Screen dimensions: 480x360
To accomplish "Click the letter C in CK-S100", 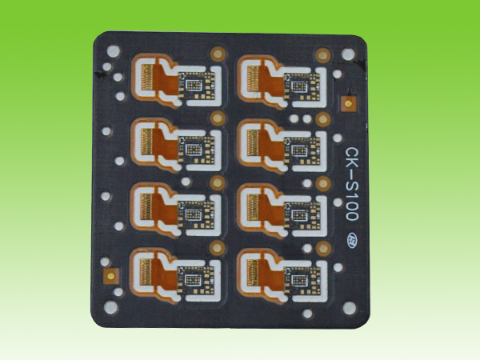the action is point(351,153).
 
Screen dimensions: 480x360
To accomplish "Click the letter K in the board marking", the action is point(351,166).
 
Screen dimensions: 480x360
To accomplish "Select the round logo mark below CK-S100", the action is point(351,239).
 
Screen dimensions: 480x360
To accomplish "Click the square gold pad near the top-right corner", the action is point(347,103).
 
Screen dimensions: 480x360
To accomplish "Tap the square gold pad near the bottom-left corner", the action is point(111,276).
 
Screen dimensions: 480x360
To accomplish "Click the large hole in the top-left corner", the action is point(114,51).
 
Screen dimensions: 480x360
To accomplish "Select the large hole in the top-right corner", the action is point(348,54).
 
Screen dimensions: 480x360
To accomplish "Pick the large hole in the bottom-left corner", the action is point(110,306).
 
